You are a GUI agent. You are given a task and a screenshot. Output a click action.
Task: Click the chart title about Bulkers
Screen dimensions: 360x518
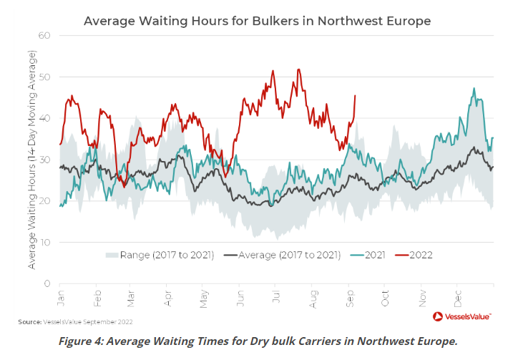(257, 21)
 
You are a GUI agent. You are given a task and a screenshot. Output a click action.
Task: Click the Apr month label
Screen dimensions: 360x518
(168, 296)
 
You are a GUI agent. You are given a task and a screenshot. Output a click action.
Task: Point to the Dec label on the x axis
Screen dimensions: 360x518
(457, 296)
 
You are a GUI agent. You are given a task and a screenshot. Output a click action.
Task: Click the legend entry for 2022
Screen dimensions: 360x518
(417, 254)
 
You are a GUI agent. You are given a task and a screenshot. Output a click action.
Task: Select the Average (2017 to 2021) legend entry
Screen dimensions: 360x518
(286, 254)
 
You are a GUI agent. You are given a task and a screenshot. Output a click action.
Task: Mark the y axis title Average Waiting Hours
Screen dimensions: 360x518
(32, 159)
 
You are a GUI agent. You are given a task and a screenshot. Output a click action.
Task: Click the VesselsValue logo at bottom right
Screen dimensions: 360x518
(462, 316)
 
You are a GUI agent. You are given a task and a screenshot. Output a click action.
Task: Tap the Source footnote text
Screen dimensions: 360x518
(75, 322)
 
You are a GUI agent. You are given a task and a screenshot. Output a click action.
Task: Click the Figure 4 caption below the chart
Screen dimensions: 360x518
(258, 341)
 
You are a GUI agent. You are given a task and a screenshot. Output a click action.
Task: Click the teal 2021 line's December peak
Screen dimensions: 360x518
(474, 89)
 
